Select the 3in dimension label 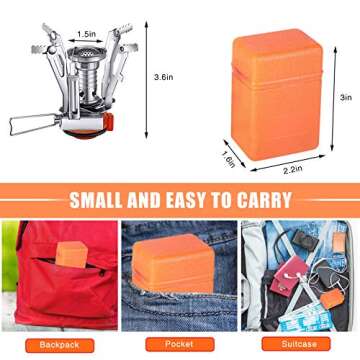pos(344,98)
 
